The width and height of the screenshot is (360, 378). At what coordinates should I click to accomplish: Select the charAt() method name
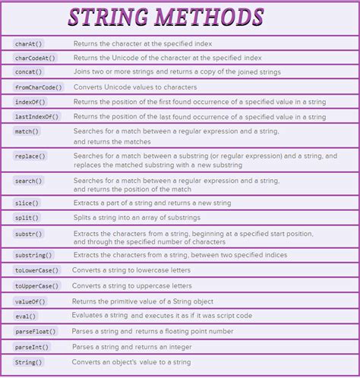coord(30,43)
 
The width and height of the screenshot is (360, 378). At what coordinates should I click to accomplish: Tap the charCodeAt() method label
coord(35,58)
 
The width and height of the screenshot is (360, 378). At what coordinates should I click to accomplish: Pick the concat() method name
coord(30,72)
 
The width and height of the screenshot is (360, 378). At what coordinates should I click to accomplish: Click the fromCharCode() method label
coord(39,87)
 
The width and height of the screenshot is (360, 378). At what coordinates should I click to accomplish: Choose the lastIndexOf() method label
coord(36,116)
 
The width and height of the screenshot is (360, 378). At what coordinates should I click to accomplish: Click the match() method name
coord(27,131)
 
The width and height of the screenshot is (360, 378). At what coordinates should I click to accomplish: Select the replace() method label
coord(30,156)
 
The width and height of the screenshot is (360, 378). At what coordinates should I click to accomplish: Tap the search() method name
coord(29,181)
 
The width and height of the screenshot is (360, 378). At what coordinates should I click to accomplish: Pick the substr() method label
coord(29,234)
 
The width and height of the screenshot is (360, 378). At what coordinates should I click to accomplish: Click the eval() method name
coord(26,316)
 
